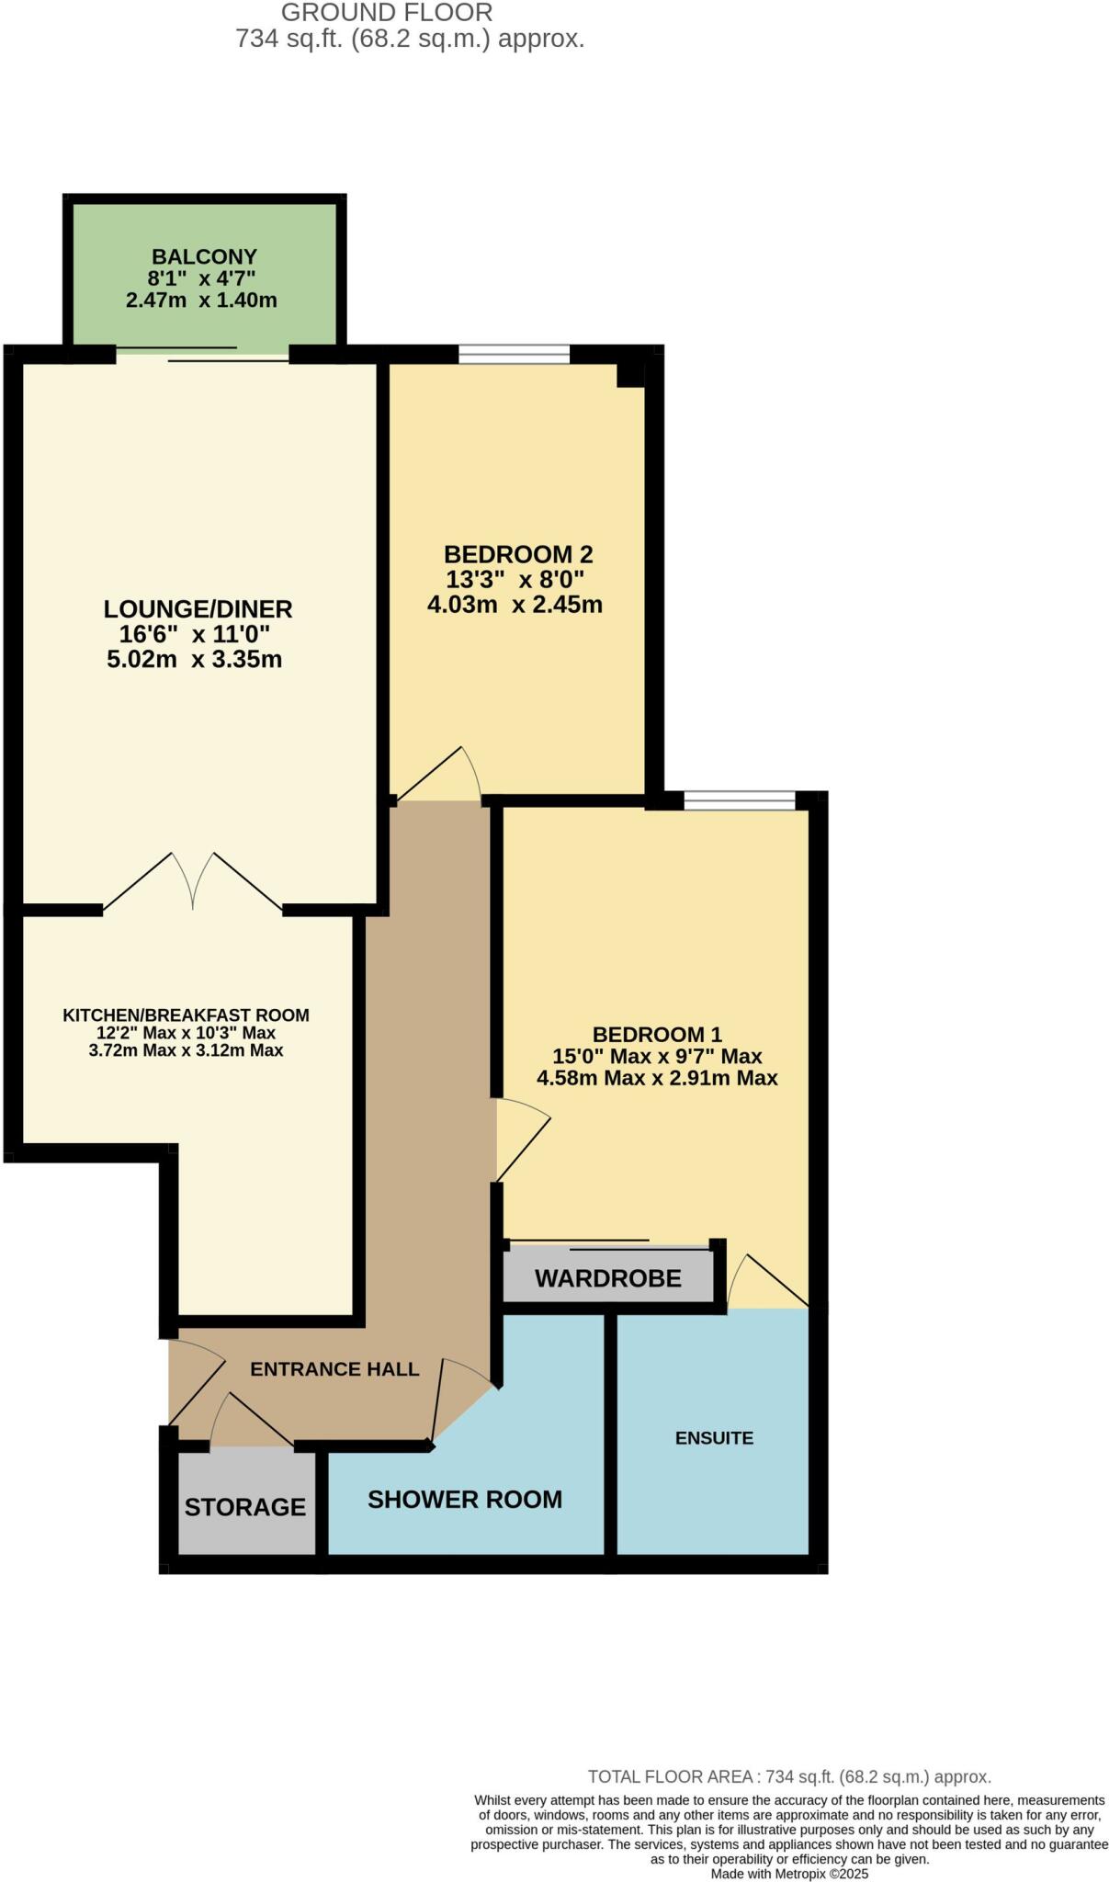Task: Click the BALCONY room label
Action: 204,256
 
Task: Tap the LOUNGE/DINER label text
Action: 198,608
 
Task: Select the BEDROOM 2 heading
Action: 518,554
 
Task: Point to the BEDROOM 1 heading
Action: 657,1034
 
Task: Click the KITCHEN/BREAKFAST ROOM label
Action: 186,1015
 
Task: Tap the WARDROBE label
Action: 607,1278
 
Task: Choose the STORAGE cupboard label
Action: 244,1507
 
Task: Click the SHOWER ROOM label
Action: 465,1500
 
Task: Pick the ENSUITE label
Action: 714,1438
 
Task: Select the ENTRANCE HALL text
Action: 334,1369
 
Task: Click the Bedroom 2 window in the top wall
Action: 514,354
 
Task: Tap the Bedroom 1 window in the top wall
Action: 739,800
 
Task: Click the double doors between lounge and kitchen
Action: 193,882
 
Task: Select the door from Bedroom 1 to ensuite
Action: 763,1282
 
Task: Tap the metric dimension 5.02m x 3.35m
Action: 194,659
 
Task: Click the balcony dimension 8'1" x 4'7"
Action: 201,278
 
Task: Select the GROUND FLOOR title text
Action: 387,13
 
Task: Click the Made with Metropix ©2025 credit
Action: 789,1874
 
